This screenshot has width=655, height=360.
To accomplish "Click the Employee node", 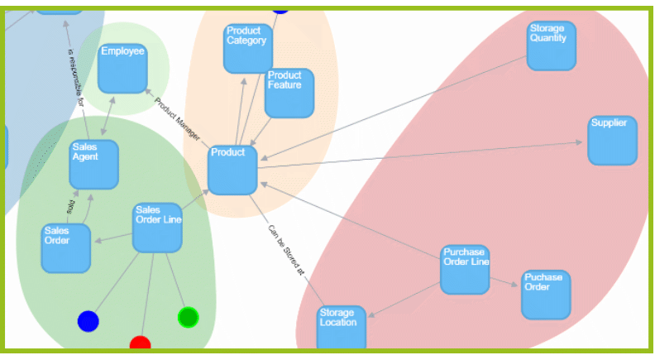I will (x=122, y=68).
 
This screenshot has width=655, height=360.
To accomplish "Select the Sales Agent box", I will (x=93, y=164).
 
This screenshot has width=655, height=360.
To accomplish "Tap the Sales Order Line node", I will (x=157, y=227).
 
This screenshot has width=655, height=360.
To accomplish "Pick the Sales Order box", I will (x=66, y=247).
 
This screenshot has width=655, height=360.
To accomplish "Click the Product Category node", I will (x=247, y=48).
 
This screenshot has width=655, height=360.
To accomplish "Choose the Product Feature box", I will (x=289, y=92).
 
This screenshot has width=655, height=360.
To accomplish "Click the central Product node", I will (x=232, y=170).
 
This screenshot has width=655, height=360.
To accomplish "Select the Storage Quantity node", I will (x=551, y=46).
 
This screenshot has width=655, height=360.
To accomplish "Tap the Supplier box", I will (x=612, y=140).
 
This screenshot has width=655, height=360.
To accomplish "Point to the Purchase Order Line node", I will (x=464, y=269).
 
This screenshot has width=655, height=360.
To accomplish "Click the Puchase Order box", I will (x=545, y=294).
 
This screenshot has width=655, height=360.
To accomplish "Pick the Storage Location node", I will (x=342, y=329).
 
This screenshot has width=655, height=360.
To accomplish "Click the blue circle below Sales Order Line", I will (x=88, y=321).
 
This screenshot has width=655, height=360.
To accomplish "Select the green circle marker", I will (x=189, y=317).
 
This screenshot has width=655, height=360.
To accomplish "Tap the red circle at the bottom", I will (x=141, y=343).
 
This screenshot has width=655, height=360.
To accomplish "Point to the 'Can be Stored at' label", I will (x=286, y=248).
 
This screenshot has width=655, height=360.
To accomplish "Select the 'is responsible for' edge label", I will (x=75, y=79).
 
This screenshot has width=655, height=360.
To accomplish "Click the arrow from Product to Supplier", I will (x=422, y=155).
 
